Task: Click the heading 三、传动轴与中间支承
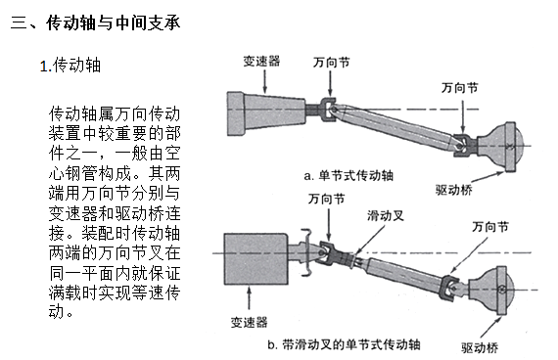[x=95, y=23]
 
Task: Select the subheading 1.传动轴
[x=70, y=66]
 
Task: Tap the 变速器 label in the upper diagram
[x=261, y=62]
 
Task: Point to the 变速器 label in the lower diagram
[x=249, y=322]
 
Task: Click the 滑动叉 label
[x=386, y=215]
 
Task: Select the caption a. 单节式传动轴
[x=349, y=175]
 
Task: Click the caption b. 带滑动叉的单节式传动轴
[x=344, y=344]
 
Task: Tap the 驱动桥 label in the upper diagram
[x=453, y=190]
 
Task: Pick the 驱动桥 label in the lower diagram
[x=480, y=347]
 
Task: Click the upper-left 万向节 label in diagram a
[x=331, y=63]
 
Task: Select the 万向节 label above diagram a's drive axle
[x=460, y=87]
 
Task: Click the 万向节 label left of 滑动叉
[x=327, y=199]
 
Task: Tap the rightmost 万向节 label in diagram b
[x=490, y=227]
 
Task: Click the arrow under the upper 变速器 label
[x=264, y=81]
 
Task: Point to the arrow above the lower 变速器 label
[x=249, y=298]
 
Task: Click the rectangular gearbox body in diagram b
[x=256, y=259]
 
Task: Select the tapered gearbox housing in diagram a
[x=266, y=113]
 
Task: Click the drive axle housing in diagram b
[x=491, y=290]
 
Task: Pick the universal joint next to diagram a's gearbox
[x=328, y=110]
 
